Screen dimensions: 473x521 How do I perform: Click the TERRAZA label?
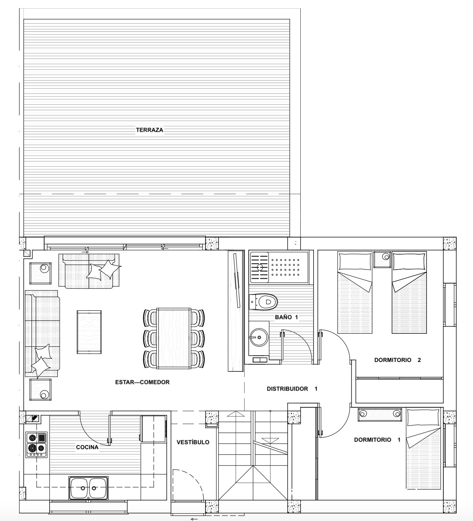point(149,130)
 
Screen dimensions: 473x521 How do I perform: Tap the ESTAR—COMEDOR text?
point(142,382)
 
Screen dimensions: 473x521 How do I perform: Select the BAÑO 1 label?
point(286,317)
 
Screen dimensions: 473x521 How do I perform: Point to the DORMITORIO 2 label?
point(397,360)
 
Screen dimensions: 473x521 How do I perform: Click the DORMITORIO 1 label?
point(377,440)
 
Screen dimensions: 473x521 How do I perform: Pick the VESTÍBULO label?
point(193,442)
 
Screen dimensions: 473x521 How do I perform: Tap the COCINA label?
point(87,447)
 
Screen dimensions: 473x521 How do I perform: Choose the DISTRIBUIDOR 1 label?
point(292,389)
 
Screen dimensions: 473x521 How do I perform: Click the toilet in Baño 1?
point(263,302)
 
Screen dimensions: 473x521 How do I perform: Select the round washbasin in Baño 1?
point(259,337)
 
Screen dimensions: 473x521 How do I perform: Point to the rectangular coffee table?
point(89,332)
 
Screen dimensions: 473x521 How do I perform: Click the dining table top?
point(174,338)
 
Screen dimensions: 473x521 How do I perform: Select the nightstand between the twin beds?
point(382,259)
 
